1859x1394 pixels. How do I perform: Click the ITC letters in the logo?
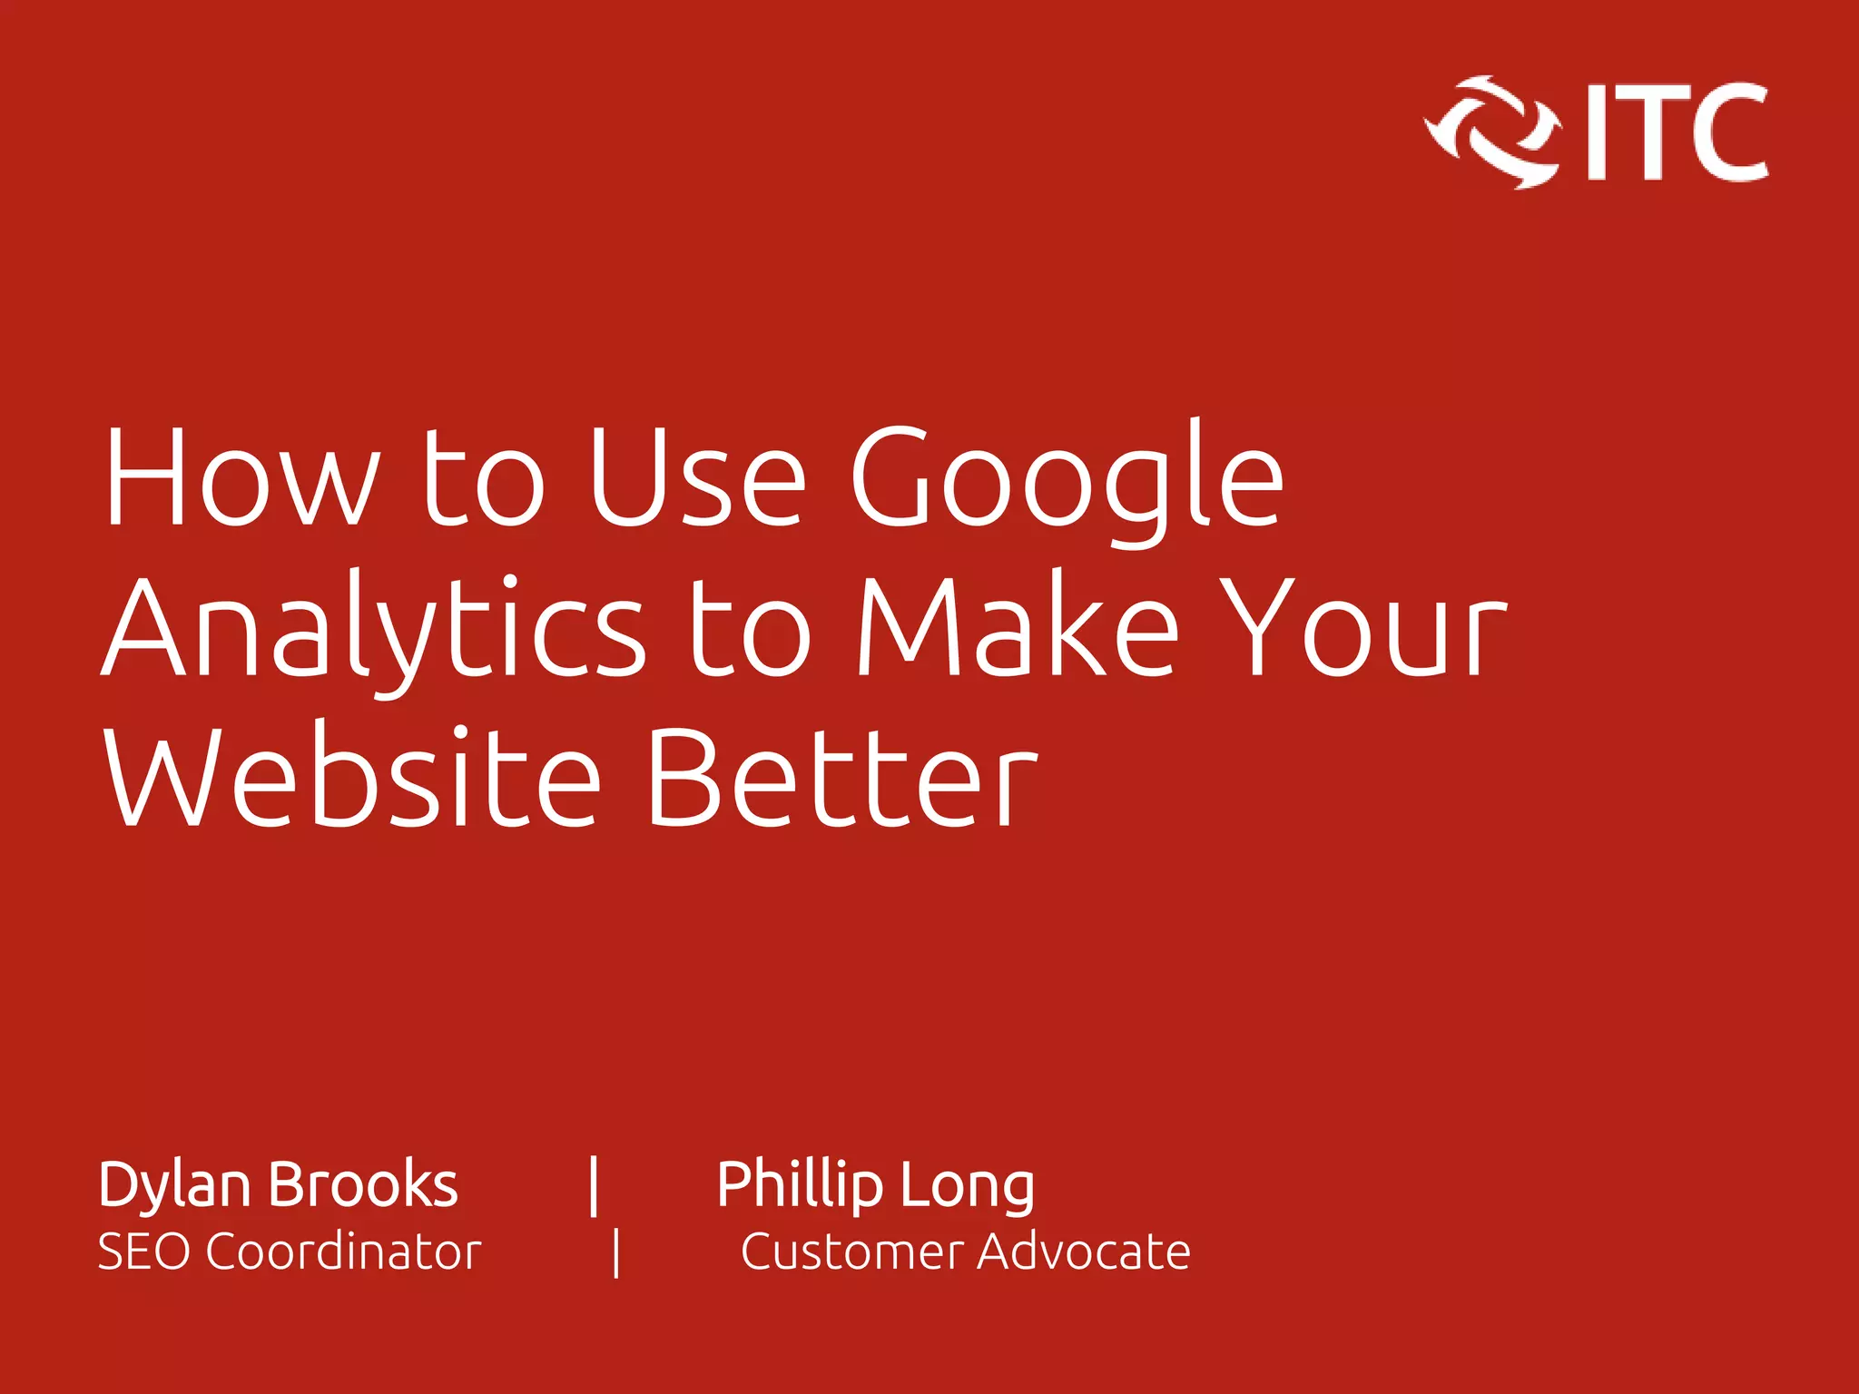pos(1677,133)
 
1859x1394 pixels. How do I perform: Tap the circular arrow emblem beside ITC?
pos(1491,133)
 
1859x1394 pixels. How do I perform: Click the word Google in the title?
pos(1067,479)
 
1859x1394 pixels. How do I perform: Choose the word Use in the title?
pos(696,479)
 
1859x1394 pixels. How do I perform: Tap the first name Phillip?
pos(799,1185)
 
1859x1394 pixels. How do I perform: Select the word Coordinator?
pos(343,1252)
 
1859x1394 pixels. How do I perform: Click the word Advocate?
pos(1084,1252)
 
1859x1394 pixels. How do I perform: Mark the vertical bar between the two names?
pos(594,1185)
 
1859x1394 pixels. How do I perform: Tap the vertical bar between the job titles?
pos(616,1252)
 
